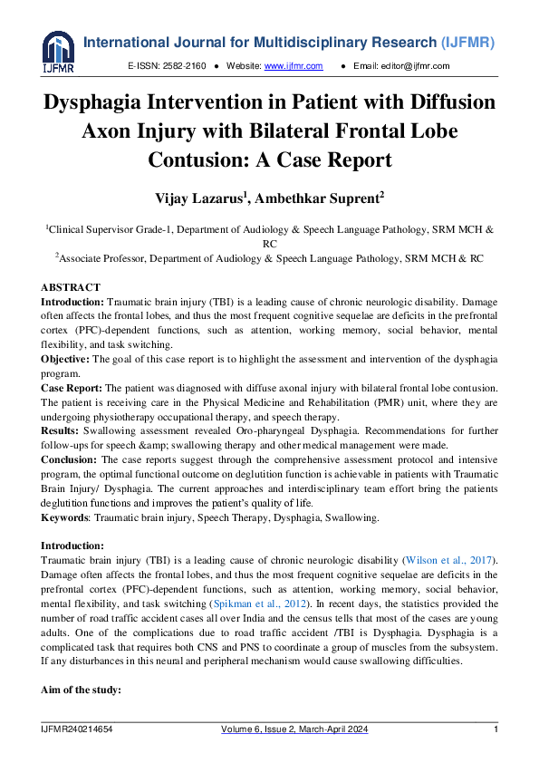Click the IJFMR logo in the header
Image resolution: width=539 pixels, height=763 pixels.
click(58, 50)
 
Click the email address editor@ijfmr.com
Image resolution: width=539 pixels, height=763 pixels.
click(413, 66)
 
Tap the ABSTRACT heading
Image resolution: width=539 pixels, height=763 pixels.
click(71, 287)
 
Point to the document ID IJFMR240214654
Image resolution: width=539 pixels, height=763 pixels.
click(83, 730)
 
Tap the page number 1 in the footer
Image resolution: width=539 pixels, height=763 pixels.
click(496, 730)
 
